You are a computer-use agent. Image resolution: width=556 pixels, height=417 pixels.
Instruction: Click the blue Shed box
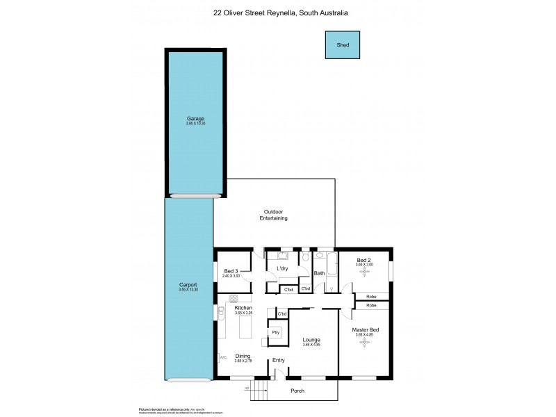click(343, 45)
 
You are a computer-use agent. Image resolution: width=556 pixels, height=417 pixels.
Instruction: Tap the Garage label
click(195, 118)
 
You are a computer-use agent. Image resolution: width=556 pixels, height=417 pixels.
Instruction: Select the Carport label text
click(188, 285)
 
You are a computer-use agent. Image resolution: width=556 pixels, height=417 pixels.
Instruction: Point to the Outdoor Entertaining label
click(274, 215)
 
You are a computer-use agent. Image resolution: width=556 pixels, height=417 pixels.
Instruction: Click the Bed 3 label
click(231, 271)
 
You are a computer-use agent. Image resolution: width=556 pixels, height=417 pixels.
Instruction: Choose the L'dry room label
click(282, 269)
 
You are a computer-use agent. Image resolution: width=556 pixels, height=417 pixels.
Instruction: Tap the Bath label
click(319, 273)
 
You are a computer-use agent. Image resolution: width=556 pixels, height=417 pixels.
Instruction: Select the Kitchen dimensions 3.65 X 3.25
click(243, 313)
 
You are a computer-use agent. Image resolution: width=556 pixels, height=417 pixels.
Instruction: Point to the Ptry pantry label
click(276, 333)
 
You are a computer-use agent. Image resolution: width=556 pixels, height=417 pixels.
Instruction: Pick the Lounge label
click(311, 339)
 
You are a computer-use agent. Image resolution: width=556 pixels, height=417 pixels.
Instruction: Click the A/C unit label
click(223, 358)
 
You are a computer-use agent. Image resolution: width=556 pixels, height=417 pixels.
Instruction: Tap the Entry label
click(279, 360)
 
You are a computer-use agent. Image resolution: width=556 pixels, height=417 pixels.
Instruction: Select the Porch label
click(297, 391)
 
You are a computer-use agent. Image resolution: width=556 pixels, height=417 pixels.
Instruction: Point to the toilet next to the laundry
click(305, 259)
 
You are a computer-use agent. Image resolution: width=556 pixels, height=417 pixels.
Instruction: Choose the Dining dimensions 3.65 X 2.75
click(243, 361)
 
